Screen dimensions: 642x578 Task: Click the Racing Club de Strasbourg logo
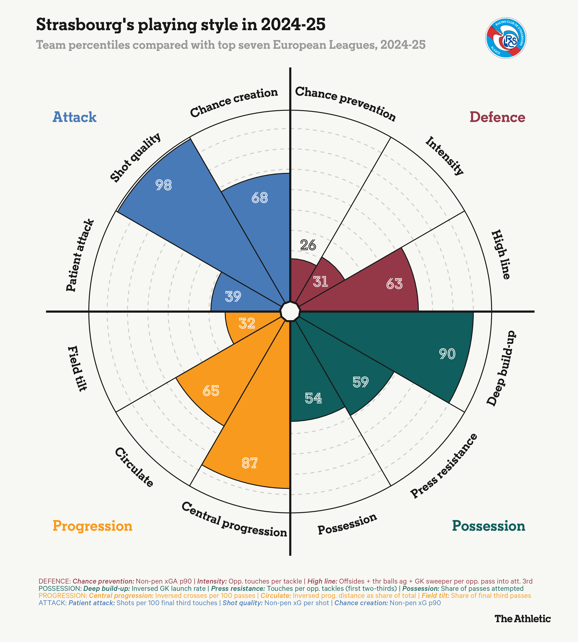pos(506,38)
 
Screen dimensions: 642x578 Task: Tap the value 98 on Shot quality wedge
pos(164,185)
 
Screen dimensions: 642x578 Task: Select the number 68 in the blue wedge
pos(259,198)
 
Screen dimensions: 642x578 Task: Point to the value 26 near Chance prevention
pos(308,245)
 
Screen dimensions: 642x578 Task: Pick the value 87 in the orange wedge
pos(249,463)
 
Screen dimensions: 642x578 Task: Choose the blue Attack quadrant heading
pos(74,117)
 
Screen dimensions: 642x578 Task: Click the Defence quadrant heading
pos(497,117)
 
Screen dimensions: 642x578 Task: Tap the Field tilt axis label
pos(77,368)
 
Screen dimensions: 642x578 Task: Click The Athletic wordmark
pos(522,618)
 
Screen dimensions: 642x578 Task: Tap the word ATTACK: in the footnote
pos(52,603)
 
